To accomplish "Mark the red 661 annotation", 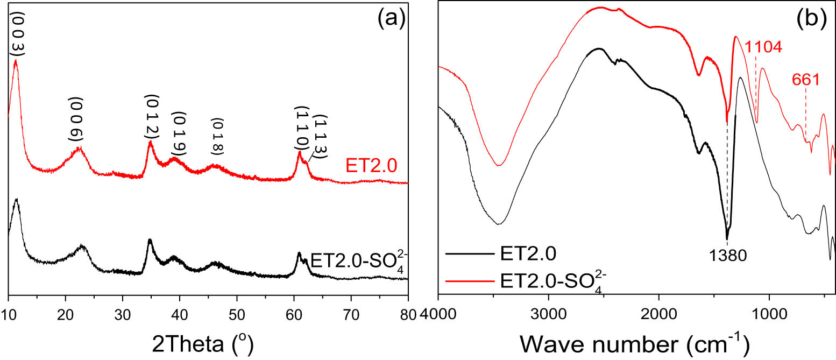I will [805, 81].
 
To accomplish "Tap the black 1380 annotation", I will [728, 255].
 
